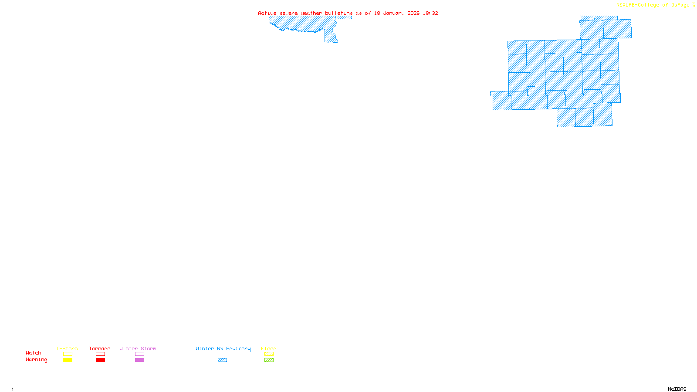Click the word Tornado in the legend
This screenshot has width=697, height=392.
pyautogui.click(x=100, y=348)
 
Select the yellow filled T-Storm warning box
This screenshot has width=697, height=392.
pyautogui.click(x=68, y=360)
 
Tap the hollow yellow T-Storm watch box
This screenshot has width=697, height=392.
pyautogui.click(x=68, y=354)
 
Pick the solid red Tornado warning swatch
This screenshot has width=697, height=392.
pyautogui.click(x=100, y=360)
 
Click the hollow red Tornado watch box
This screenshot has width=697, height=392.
pyautogui.click(x=100, y=354)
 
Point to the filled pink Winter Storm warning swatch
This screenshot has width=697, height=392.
pyautogui.click(x=139, y=360)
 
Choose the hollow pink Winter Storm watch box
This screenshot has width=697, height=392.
pyautogui.click(x=139, y=354)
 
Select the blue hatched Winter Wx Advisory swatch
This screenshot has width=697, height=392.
pyautogui.click(x=222, y=360)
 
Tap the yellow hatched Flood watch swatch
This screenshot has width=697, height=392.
pyautogui.click(x=269, y=354)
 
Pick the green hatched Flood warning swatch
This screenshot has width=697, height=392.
pyautogui.click(x=269, y=360)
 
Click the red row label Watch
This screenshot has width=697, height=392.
pyautogui.click(x=34, y=353)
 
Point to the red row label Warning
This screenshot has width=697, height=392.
pyautogui.click(x=37, y=360)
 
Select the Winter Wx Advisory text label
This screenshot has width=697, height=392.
pyautogui.click(x=223, y=348)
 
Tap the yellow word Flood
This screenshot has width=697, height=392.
pyautogui.click(x=269, y=348)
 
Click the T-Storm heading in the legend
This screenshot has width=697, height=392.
pyautogui.click(x=67, y=348)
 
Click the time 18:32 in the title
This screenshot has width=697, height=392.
pyautogui.click(x=430, y=13)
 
